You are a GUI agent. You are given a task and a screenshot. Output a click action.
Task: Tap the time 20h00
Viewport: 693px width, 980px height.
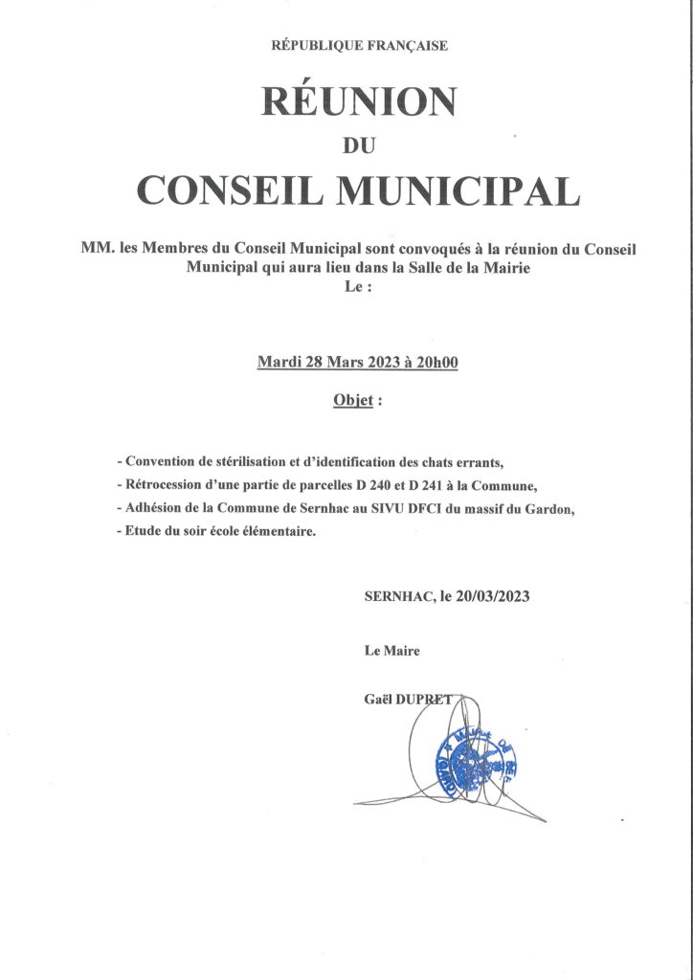point(436,362)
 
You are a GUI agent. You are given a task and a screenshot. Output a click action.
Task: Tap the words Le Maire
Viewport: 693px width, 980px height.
point(391,651)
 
